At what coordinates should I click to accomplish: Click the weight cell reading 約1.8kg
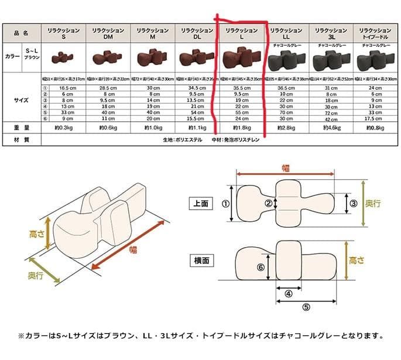click(x=242, y=127)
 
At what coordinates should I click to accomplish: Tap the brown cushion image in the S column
click(x=63, y=57)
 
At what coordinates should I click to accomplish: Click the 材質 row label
click(x=20, y=140)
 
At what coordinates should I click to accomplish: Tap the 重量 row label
click(x=20, y=127)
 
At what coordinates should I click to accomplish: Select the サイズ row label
click(x=20, y=100)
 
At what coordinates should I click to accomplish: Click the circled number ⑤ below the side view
click(x=306, y=307)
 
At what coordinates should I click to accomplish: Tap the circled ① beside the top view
click(x=225, y=204)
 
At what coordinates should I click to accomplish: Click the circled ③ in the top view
click(x=353, y=203)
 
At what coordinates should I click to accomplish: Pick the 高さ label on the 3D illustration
click(x=37, y=234)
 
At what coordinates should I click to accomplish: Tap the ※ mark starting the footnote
click(x=22, y=336)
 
